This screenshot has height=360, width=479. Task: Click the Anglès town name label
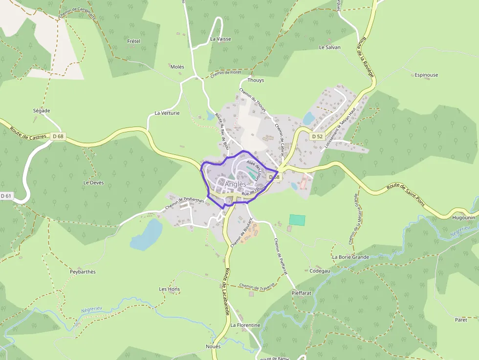[x=236, y=184]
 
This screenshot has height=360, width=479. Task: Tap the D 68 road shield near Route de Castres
[x=58, y=136]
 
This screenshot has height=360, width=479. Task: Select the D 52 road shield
[x=317, y=136]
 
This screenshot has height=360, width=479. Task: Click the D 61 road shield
[x=6, y=196]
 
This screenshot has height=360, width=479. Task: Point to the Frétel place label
[x=133, y=42]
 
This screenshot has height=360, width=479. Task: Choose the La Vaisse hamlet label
[x=220, y=39]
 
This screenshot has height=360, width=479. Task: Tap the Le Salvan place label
[x=329, y=47]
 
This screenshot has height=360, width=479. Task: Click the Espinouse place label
[x=426, y=75]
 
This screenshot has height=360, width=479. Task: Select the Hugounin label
[x=464, y=217]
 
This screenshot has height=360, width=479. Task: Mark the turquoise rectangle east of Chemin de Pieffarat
[x=297, y=220]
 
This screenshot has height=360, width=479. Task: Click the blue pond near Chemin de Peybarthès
[x=146, y=234]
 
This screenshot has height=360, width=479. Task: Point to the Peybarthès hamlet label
[x=83, y=272]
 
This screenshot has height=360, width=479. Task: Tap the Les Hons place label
[x=170, y=289]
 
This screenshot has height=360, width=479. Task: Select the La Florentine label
[x=245, y=325]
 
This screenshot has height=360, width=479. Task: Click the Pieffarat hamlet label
[x=301, y=293]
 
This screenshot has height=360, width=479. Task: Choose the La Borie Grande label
[x=350, y=257]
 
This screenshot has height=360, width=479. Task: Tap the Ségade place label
[x=42, y=111]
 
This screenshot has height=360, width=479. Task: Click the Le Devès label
[x=93, y=183]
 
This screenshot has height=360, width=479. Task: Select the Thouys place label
[x=256, y=80]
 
